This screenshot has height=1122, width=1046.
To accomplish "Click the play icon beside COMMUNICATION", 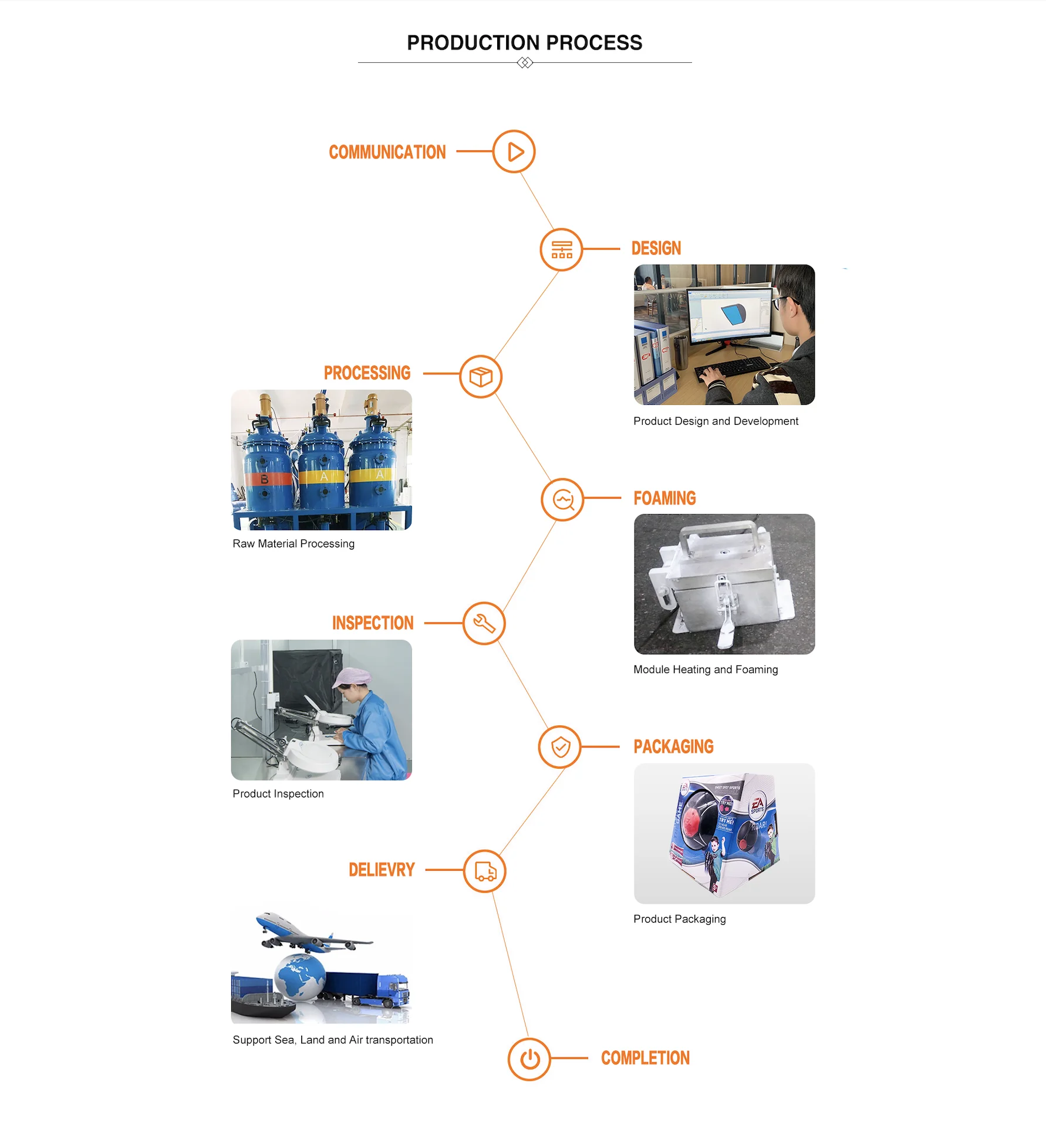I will click(514, 151).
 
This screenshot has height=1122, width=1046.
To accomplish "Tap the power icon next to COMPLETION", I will click(529, 1059).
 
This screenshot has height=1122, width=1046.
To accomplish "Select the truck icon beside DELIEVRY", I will click(485, 871).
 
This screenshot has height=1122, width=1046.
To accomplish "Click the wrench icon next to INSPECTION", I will click(484, 623).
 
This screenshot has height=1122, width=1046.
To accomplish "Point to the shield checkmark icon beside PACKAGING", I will click(560, 747).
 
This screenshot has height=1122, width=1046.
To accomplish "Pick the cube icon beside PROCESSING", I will click(481, 377).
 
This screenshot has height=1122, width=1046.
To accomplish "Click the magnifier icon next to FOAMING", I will click(562, 500).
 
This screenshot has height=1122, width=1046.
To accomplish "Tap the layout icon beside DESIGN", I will click(561, 249).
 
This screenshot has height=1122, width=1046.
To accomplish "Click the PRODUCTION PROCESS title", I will click(524, 43).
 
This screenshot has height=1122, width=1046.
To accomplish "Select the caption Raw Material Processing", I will click(293, 544).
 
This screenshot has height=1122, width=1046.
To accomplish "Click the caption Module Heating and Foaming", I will click(706, 670).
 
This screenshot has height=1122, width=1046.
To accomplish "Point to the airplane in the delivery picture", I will click(305, 933).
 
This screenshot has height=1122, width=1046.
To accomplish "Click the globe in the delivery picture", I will click(300, 976).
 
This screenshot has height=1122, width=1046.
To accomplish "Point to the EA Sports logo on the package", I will click(757, 805).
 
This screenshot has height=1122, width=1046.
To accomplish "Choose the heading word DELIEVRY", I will click(382, 870).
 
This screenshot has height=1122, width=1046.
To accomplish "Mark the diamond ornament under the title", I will click(525, 63).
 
